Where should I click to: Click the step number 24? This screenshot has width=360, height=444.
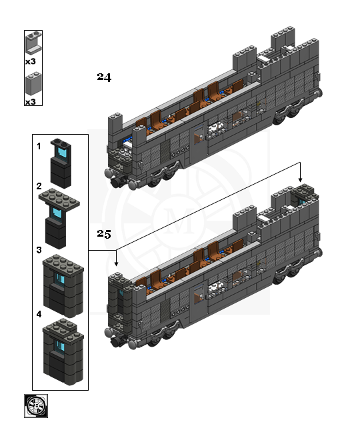[104, 77]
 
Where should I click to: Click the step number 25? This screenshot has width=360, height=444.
[104, 234]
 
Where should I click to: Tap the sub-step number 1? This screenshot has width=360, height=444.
[39, 146]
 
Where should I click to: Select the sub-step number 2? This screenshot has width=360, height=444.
[39, 186]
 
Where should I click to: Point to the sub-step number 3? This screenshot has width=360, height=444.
[39, 250]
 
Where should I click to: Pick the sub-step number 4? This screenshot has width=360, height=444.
[39, 314]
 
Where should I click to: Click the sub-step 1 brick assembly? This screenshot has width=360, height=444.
[61, 163]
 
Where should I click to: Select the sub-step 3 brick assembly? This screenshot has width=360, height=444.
[63, 286]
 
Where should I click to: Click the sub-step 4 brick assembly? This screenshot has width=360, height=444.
[63, 352]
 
